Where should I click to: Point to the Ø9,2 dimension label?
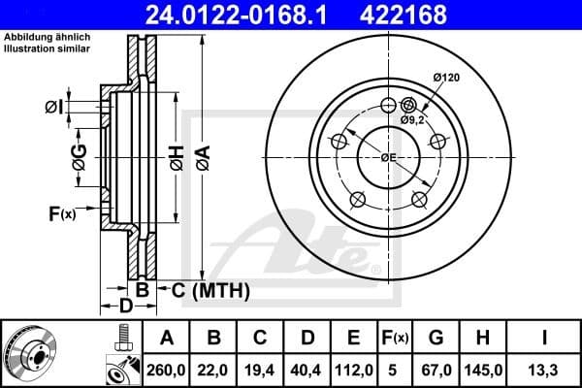pyautogui.click(x=413, y=119)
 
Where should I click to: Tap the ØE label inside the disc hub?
pyautogui.click(x=388, y=157)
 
